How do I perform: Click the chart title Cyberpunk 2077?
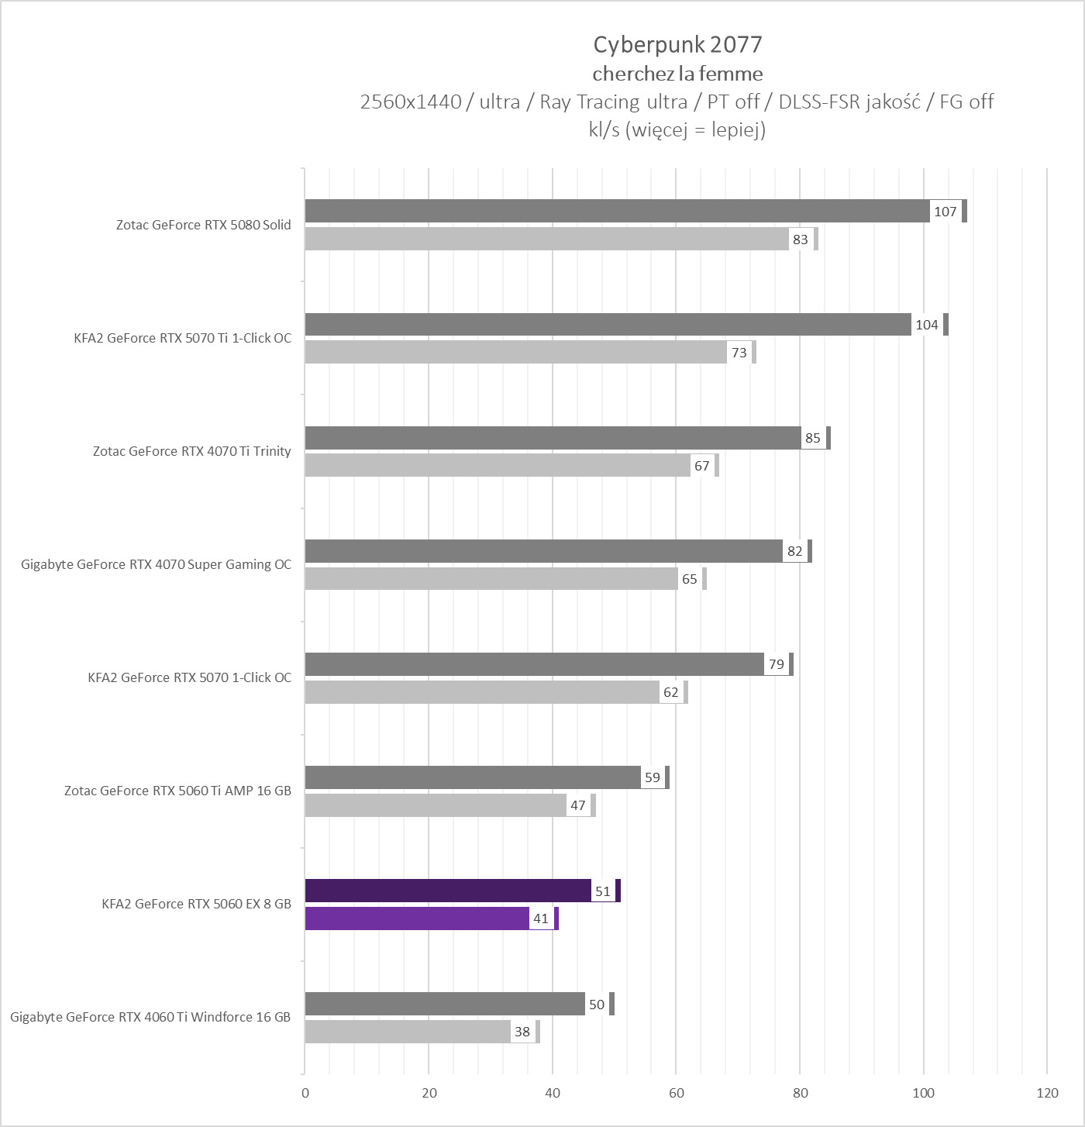coord(677,45)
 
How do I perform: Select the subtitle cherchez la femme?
coord(677,74)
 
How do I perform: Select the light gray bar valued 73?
coord(515,353)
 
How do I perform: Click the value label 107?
coord(945,212)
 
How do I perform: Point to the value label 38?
coord(522,1032)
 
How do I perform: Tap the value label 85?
coord(812,438)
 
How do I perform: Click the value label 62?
coord(671,692)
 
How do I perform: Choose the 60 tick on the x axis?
coord(676,1093)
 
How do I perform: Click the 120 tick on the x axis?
coord(1047,1093)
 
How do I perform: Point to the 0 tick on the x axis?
coord(305,1093)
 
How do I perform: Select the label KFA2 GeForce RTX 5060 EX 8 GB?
coord(196,904)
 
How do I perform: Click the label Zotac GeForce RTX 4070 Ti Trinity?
coord(191,451)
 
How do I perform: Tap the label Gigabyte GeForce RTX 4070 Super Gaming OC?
coord(156,564)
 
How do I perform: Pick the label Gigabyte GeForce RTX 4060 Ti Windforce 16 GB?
coord(150,1017)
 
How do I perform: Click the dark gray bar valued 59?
coord(473,777)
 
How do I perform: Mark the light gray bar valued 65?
coord(491,579)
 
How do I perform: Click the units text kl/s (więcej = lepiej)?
coord(677,129)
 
